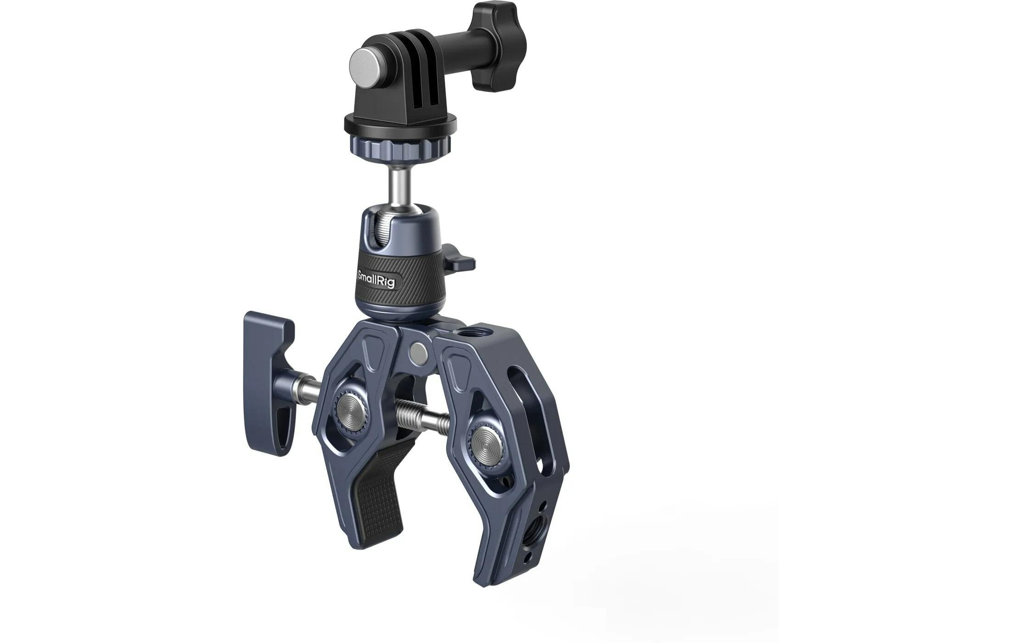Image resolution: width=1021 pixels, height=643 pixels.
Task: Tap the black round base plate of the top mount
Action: [400, 123]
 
